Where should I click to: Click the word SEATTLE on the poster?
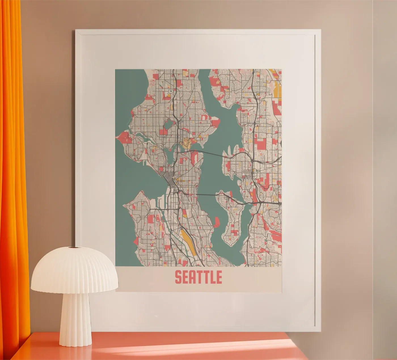point(198,277)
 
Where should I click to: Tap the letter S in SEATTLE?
point(178,277)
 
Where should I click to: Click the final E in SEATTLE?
point(218,277)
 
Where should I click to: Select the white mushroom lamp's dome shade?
point(74,270)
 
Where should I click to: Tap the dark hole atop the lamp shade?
point(75,248)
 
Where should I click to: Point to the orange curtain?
point(13,170)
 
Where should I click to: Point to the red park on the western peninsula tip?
point(123,138)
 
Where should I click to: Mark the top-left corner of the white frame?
point(76,30)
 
